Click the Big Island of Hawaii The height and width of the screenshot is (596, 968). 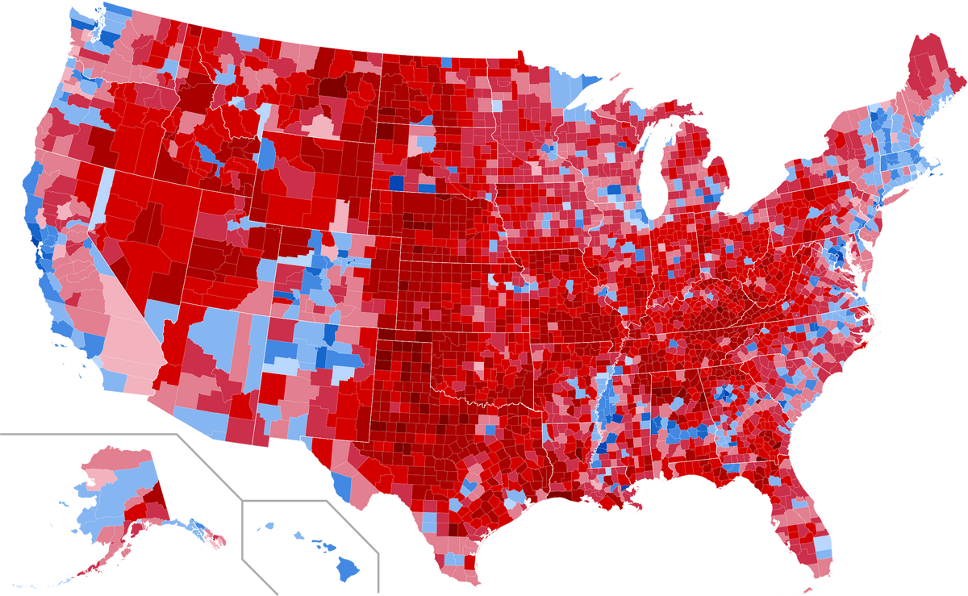(x=349, y=569)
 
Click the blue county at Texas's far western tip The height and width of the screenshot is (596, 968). (x=341, y=484)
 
